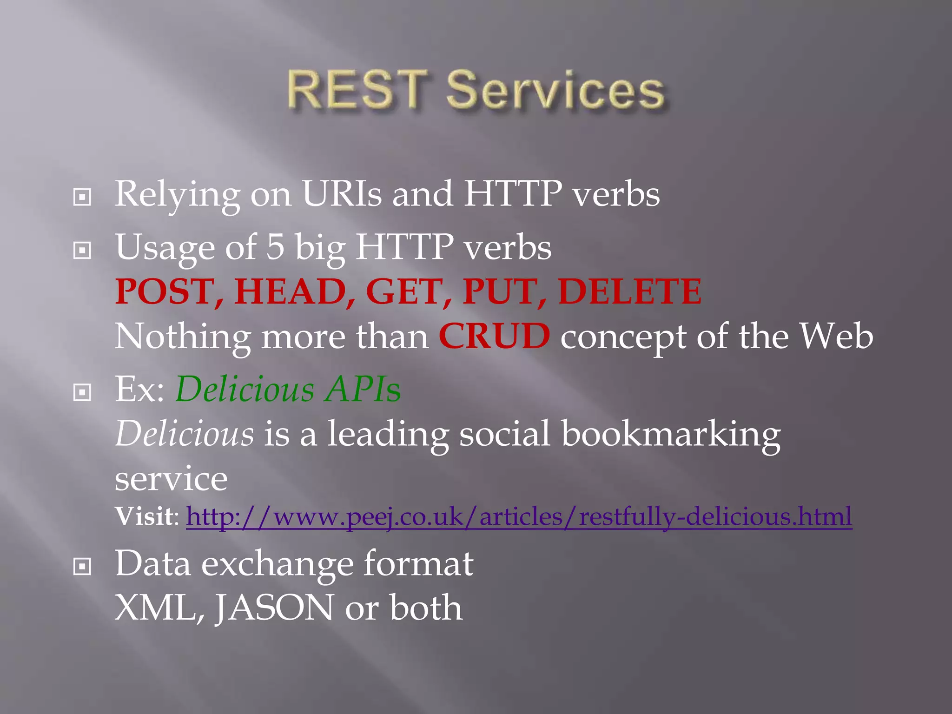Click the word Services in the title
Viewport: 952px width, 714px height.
pyautogui.click(x=555, y=90)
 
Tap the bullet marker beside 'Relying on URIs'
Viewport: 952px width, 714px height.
pyautogui.click(x=82, y=197)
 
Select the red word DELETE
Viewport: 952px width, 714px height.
pyautogui.click(x=630, y=291)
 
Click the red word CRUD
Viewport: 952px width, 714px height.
pyautogui.click(x=494, y=336)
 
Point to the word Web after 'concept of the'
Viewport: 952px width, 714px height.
pyautogui.click(x=836, y=336)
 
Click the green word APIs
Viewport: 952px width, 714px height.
pyautogui.click(x=363, y=389)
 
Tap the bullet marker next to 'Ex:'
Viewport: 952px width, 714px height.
pyautogui.click(x=82, y=393)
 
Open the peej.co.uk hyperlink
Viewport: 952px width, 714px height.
pyautogui.click(x=519, y=516)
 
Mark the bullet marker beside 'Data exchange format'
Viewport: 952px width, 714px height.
pyautogui.click(x=82, y=567)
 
